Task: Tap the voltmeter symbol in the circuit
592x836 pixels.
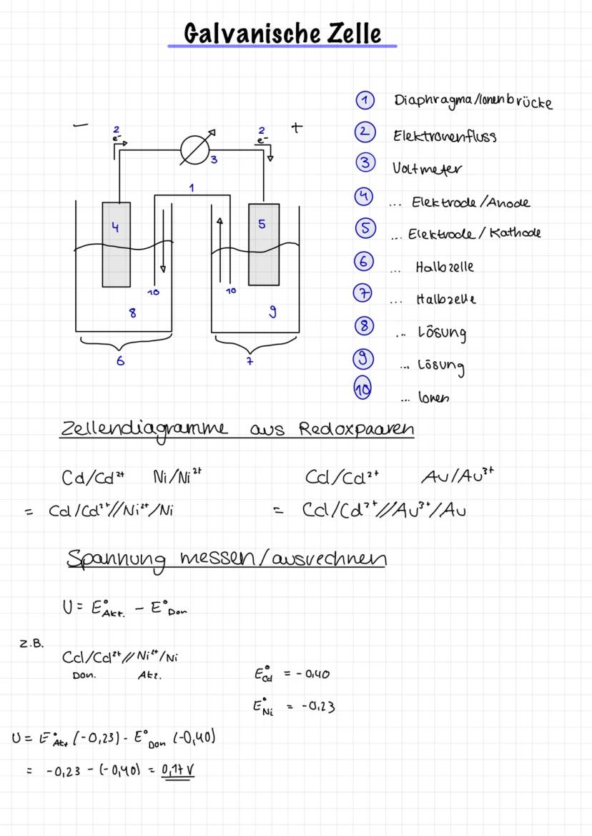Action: (x=194, y=150)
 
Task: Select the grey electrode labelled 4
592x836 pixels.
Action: (x=117, y=243)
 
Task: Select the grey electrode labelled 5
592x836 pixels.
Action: (x=263, y=243)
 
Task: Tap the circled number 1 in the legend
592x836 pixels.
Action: (x=365, y=101)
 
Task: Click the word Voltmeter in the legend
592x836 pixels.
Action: (x=427, y=169)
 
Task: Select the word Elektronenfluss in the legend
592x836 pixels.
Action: (x=444, y=135)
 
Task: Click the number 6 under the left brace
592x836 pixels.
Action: (x=120, y=361)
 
